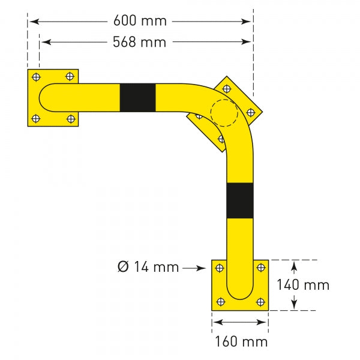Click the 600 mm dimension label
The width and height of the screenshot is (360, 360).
tap(140, 21)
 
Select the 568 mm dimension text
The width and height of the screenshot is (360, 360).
tap(140, 42)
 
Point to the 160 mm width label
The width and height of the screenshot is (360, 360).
tap(241, 342)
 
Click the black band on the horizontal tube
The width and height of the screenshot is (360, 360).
tap(137, 97)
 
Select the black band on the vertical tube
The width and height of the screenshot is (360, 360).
tap(240, 201)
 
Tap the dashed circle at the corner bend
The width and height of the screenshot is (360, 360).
tap(224, 112)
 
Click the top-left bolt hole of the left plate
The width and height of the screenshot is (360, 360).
tap(37, 77)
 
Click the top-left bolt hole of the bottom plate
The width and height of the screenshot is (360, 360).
tap(220, 268)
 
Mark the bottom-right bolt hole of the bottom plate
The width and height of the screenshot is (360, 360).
tap(260, 302)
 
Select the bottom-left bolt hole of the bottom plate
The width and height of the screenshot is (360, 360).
tap(220, 302)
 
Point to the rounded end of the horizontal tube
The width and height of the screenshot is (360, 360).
tap(45, 97)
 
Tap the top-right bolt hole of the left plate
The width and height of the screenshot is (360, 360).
tap(71, 77)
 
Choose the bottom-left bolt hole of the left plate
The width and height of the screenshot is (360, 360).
tap(37, 118)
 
